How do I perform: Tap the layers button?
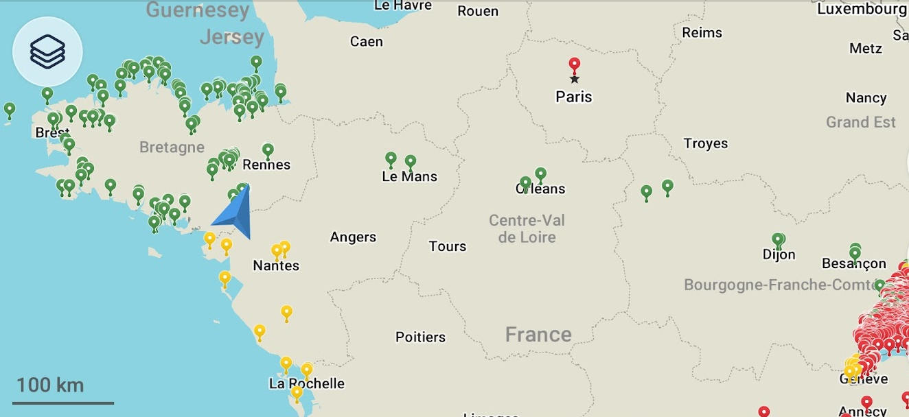point(47,51)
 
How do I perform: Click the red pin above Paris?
point(575,66)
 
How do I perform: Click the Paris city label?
point(574,97)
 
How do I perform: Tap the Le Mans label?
point(409,176)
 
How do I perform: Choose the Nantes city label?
point(276,265)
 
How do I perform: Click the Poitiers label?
point(420,337)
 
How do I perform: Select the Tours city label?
point(447,246)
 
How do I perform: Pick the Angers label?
point(353,237)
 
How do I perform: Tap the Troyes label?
point(705,143)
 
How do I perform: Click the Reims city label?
point(702,32)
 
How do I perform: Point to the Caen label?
point(366,42)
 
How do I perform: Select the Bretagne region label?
point(172,147)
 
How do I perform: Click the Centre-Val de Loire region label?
point(527,229)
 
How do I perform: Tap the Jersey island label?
point(231,36)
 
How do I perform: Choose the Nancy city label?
point(866,97)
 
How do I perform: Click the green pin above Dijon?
point(778,240)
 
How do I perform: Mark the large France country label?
point(538,334)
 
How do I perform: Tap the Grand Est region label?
point(860,122)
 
